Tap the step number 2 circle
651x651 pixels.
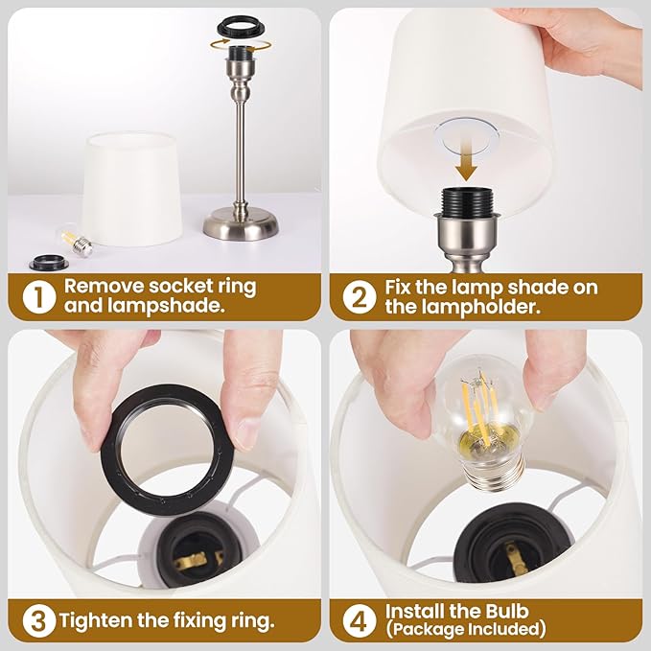(357, 297)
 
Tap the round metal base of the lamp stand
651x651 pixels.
(240, 225)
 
